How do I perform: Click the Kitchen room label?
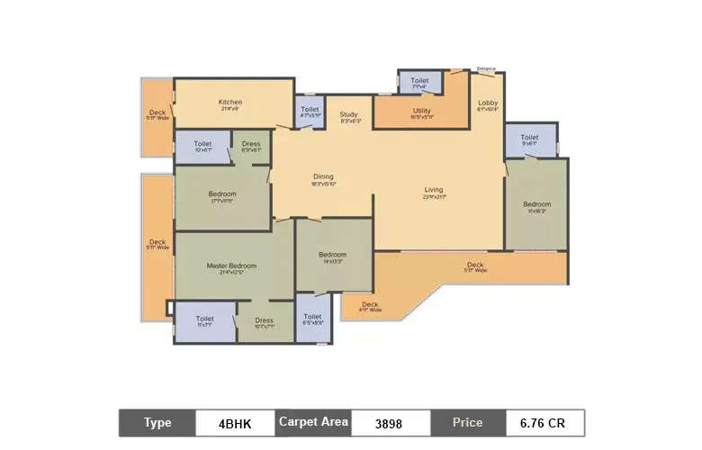click(x=230, y=102)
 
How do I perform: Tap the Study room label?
click(x=349, y=115)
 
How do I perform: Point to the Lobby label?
click(x=488, y=103)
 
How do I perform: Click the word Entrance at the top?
click(x=486, y=68)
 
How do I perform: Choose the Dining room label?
click(x=323, y=176)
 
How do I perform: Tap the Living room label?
click(x=435, y=190)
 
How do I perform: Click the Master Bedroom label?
click(x=231, y=265)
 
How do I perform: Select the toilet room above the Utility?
click(x=419, y=81)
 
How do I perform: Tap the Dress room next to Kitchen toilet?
click(x=251, y=144)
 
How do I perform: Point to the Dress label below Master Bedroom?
click(x=264, y=320)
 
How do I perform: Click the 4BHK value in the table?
click(x=236, y=423)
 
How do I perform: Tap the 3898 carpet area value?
click(x=389, y=423)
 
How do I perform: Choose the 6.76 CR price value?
click(x=544, y=423)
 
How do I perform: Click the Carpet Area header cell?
click(x=312, y=422)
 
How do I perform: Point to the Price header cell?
click(x=466, y=422)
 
